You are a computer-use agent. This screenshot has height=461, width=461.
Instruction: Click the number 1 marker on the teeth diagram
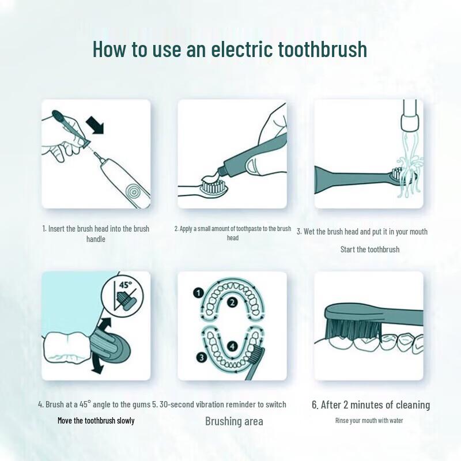pos(198,293)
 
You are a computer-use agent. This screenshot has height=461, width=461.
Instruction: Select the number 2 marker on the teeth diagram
pos(232,303)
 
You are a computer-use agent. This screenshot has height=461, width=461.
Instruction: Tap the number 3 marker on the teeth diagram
pos(201,357)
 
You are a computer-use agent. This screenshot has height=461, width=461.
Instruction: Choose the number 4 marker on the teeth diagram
pos(232,346)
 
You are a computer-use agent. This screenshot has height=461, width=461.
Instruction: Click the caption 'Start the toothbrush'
pos(369,250)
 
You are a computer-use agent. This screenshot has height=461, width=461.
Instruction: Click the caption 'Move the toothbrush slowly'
pos(96,421)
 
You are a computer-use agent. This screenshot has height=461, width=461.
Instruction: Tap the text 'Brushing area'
pos(234,421)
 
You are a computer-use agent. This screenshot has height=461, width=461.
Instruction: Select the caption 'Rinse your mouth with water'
pos(369,421)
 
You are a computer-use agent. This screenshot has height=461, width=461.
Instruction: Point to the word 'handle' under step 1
pos(96,239)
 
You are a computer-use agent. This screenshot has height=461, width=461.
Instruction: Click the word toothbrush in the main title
pos(322,49)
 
